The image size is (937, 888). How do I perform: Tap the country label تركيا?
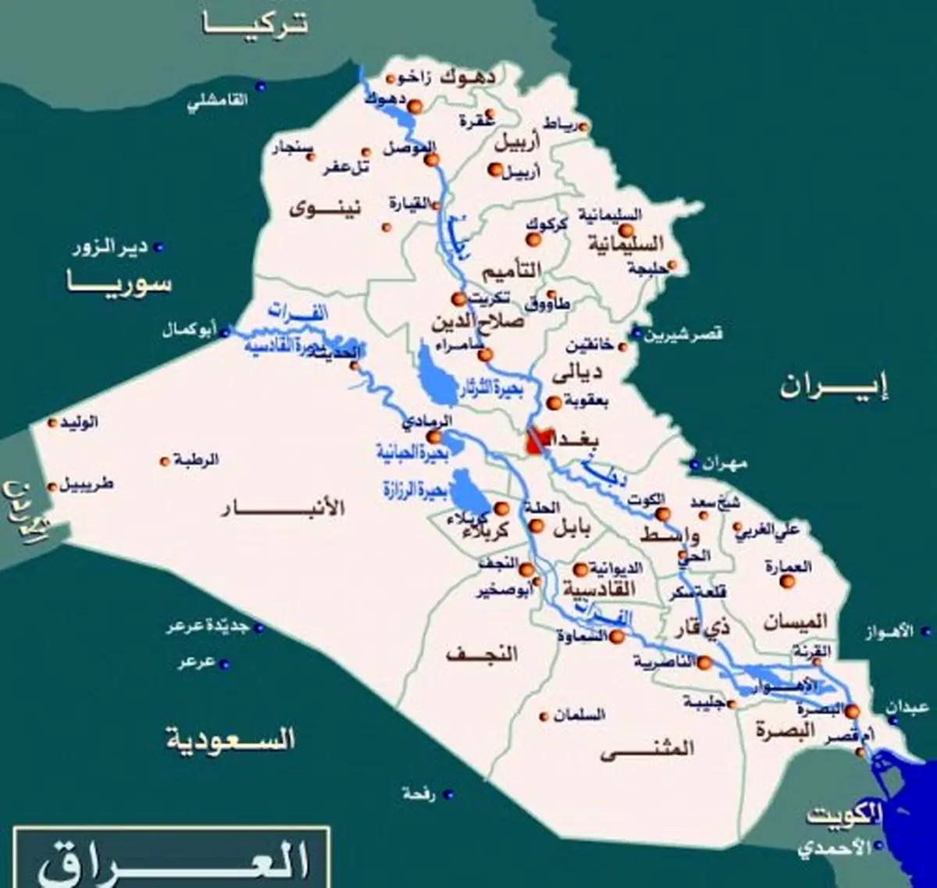tap(256, 23)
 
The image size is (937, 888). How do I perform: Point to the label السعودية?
tap(231, 738)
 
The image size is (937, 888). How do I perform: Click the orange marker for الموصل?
tap(430, 159)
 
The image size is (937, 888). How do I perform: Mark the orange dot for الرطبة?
tap(165, 461)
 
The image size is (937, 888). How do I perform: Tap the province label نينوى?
tap(315, 208)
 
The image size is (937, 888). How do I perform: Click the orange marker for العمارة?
tap(787, 580)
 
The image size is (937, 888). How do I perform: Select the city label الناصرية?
tap(663, 662)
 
